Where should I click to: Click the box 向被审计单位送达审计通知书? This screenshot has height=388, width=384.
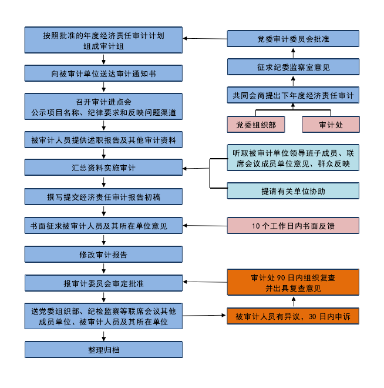click(103, 73)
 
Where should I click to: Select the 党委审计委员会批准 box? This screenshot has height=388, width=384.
click(293, 39)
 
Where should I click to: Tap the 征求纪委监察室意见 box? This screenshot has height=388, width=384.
click(293, 67)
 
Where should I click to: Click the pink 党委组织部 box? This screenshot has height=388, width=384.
click(256, 125)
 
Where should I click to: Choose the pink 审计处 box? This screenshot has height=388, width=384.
click(331, 125)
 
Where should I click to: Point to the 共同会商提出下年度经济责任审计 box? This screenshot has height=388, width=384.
click(293, 95)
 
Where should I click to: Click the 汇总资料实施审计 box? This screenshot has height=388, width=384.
click(103, 168)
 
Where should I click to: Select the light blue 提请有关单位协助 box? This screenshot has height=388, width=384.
click(293, 191)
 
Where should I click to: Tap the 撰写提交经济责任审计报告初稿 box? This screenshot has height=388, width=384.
click(103, 196)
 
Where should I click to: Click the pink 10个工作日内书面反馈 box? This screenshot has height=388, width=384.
click(293, 225)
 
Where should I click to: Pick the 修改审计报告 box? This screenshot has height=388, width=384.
click(103, 255)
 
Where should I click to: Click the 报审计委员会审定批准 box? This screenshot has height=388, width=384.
click(103, 283)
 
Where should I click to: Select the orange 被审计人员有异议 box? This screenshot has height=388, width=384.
click(293, 316)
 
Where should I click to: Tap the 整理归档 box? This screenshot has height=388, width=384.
click(103, 350)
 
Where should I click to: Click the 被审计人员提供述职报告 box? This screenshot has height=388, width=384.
click(103, 140)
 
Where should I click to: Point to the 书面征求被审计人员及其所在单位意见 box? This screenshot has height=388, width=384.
click(103, 225)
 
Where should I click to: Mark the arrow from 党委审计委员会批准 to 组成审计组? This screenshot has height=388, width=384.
click(205, 39)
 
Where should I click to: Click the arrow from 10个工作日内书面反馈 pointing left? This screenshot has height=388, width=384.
click(205, 225)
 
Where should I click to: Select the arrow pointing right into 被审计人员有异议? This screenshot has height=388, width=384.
click(205, 316)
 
